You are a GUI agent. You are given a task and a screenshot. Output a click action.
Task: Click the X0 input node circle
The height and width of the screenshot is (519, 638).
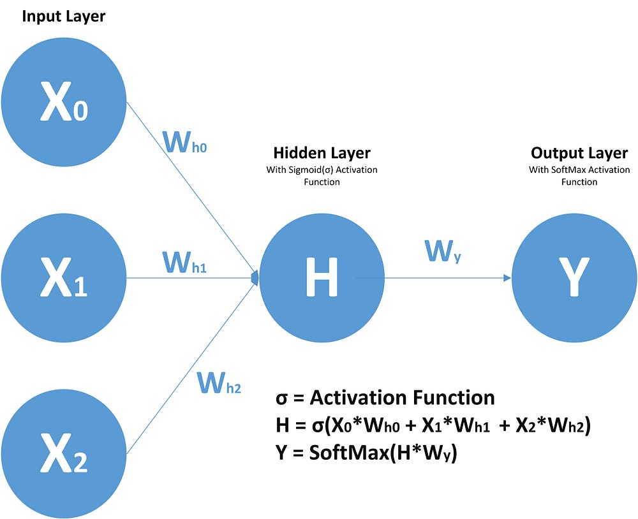pyautogui.click(x=64, y=102)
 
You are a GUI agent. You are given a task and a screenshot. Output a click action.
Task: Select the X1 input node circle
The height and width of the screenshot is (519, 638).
pyautogui.click(x=64, y=279)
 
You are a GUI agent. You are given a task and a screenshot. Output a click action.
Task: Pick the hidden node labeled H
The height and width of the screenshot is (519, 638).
pyautogui.click(x=322, y=279)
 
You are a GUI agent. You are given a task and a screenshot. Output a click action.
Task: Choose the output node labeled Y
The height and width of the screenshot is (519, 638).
pyautogui.click(x=574, y=279)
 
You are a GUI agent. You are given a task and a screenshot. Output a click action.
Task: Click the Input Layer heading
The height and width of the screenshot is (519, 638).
pyautogui.click(x=63, y=16)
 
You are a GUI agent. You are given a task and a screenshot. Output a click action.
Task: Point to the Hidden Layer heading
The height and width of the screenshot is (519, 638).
pyautogui.click(x=322, y=153)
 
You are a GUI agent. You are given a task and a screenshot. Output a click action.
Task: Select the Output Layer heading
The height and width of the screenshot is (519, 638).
pyautogui.click(x=579, y=153)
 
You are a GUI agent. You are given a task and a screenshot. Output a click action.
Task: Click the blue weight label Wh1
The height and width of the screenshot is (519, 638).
pyautogui.click(x=184, y=261)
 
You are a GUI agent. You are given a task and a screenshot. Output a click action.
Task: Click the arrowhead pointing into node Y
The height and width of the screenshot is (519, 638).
pyautogui.click(x=507, y=278)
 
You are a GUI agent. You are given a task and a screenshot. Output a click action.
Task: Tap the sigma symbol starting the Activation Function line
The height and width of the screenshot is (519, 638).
pyautogui.click(x=281, y=398)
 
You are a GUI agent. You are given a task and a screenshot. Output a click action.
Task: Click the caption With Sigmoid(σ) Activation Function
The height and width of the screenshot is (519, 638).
pyautogui.click(x=322, y=176)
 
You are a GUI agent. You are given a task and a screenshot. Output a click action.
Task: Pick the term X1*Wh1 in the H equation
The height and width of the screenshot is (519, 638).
pyautogui.click(x=454, y=426)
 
